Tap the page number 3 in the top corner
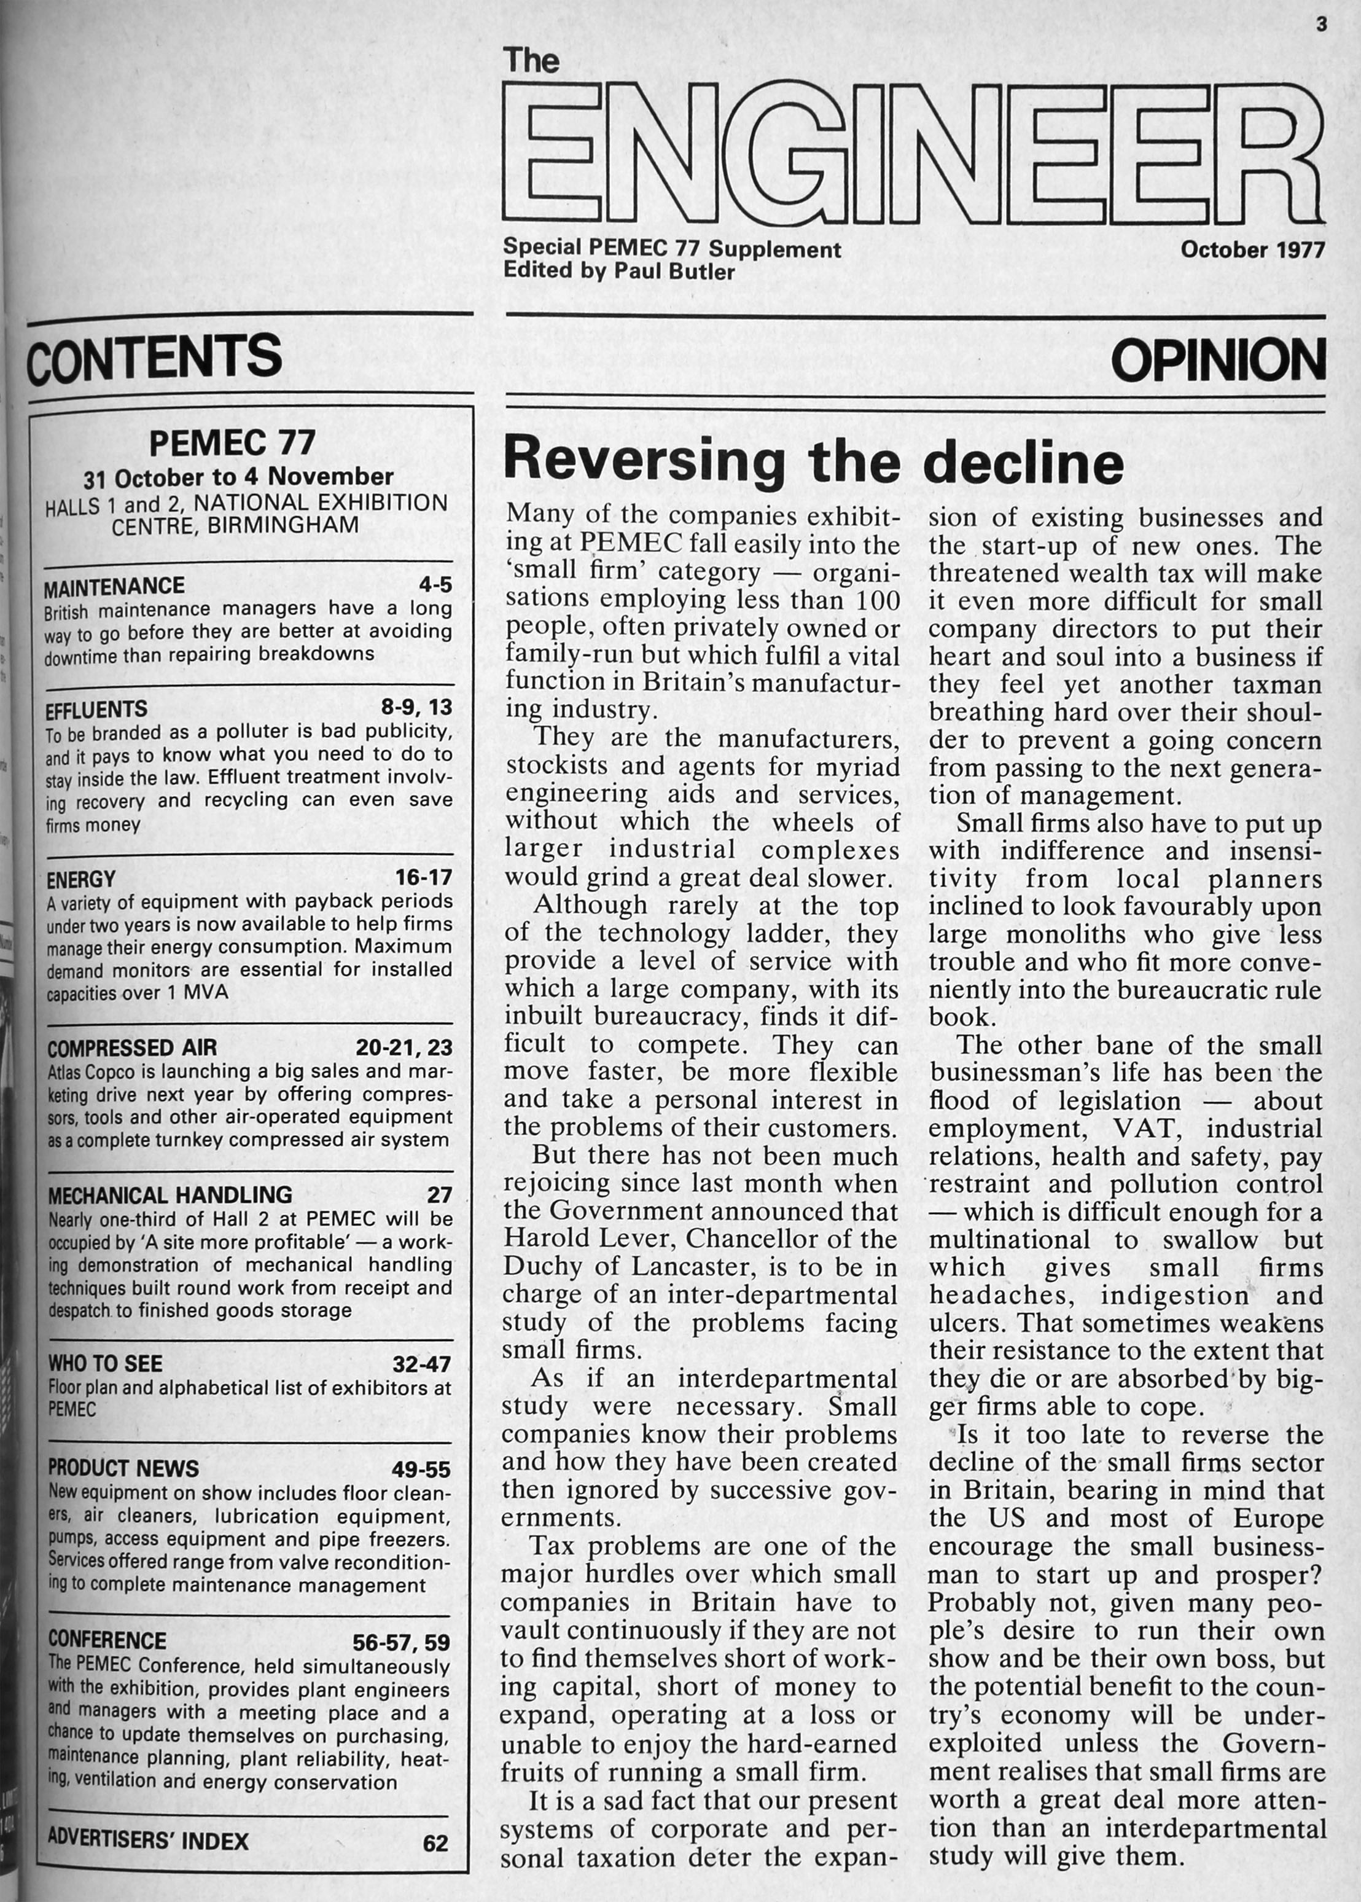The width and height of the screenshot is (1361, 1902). pyautogui.click(x=1322, y=26)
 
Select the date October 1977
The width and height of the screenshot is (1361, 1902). pyautogui.click(x=1253, y=250)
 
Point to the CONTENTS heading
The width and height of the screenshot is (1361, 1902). pyautogui.click(x=154, y=356)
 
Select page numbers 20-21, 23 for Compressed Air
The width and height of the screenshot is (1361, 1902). pyautogui.click(x=403, y=1048)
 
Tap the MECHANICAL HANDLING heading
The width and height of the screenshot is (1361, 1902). pyautogui.click(x=170, y=1194)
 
